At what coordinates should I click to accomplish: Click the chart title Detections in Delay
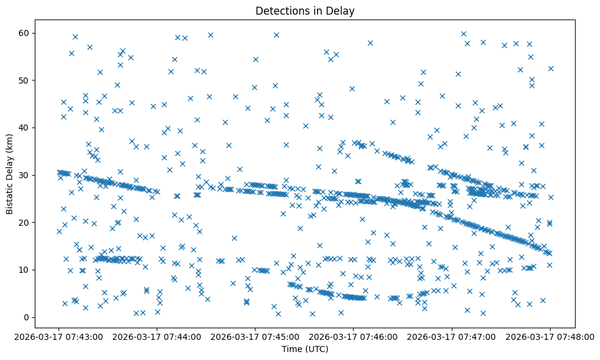tap(305, 10)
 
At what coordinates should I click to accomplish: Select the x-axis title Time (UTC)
tap(305, 349)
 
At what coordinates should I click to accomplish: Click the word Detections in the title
tap(282, 10)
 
